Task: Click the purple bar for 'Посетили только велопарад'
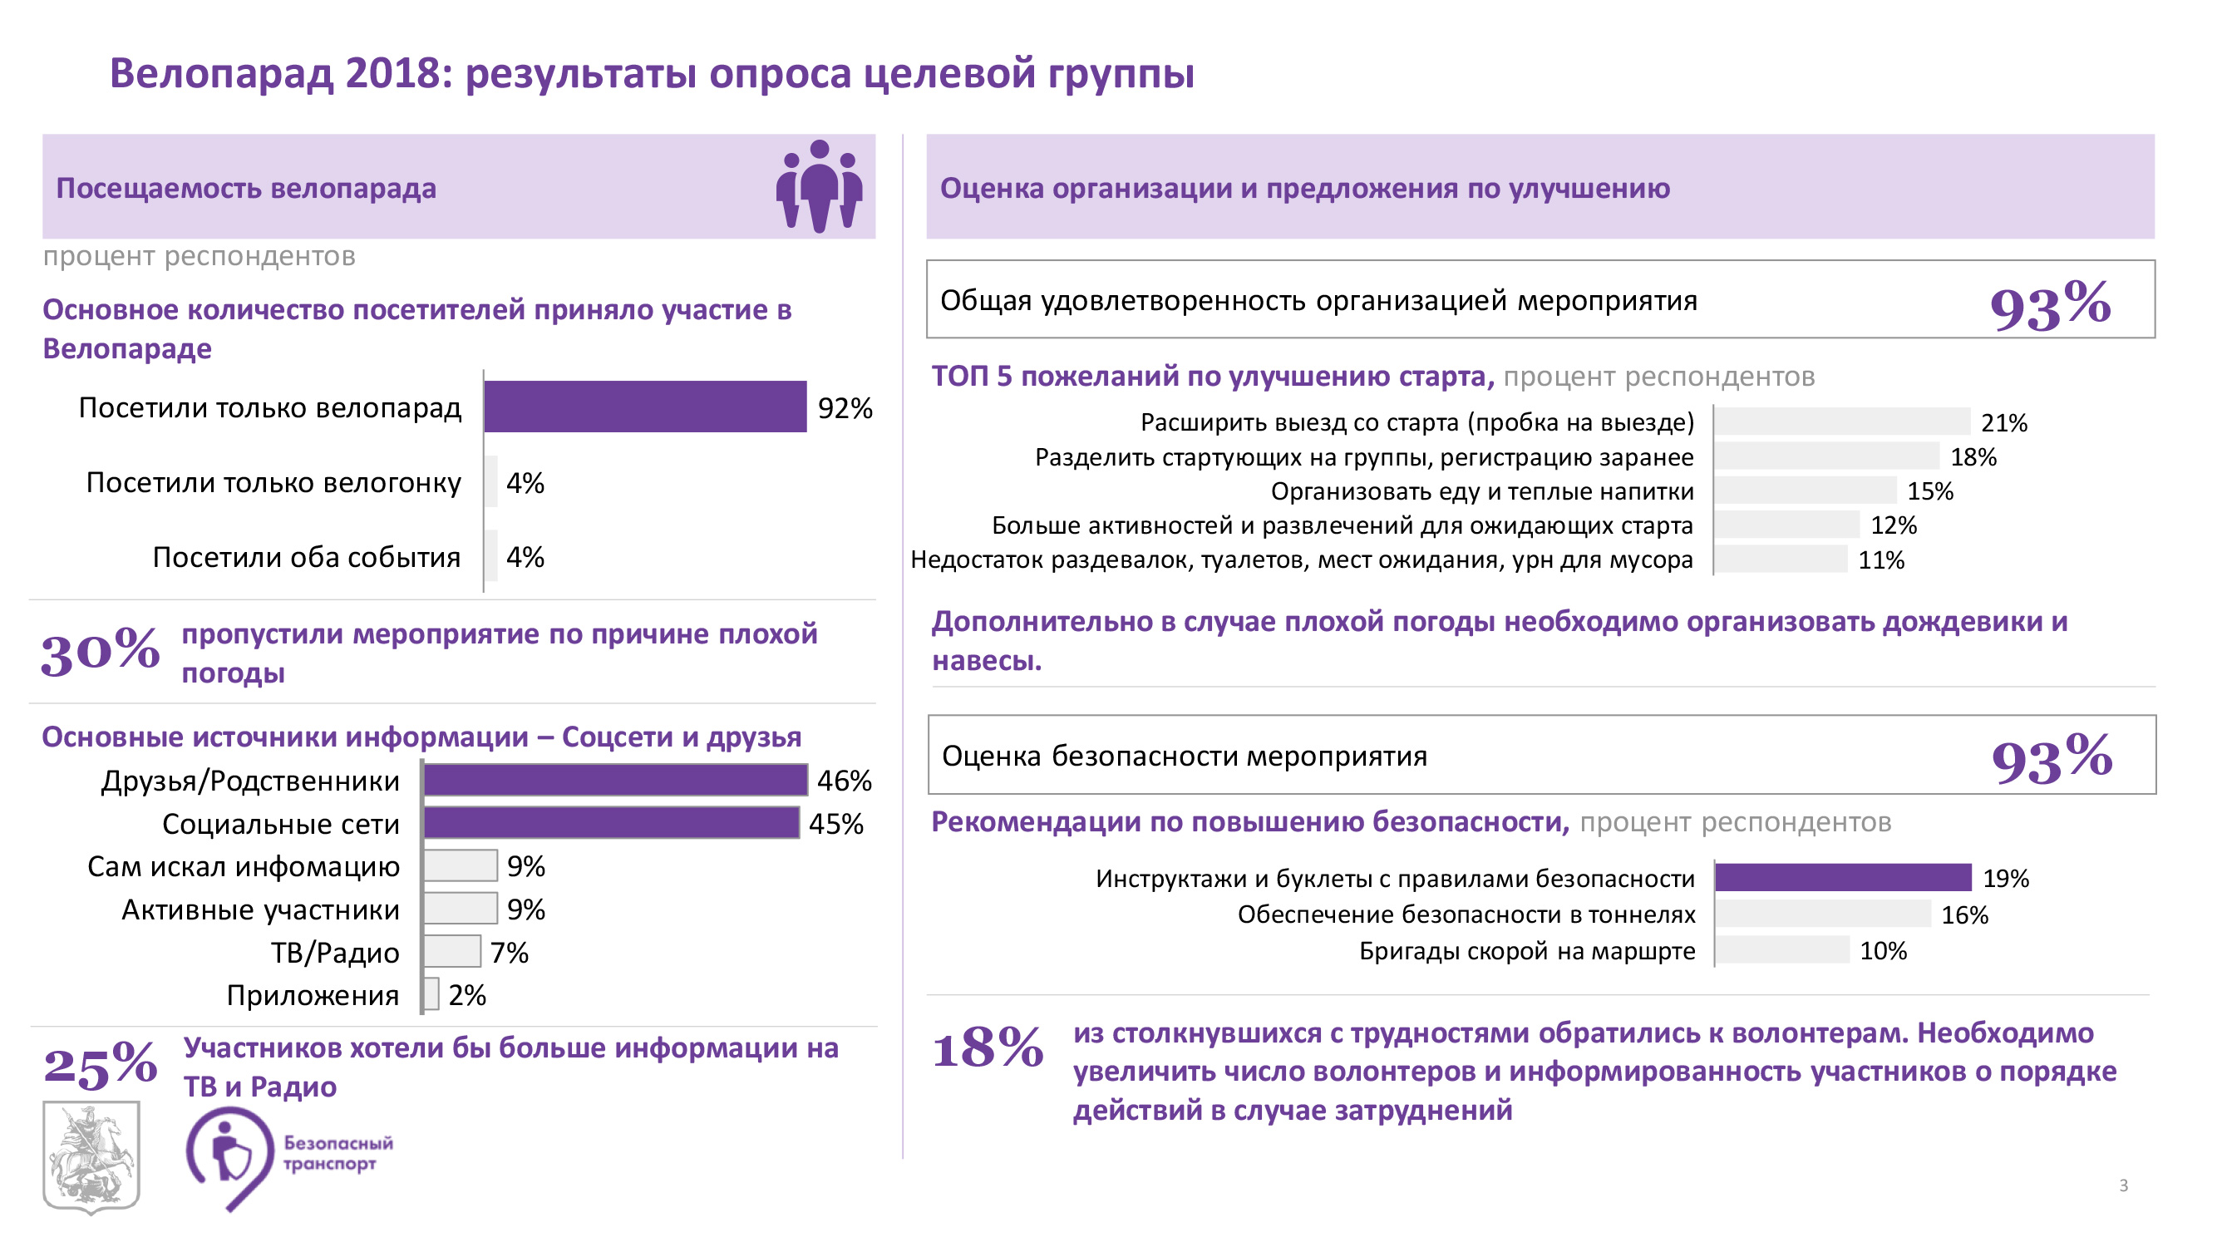(644, 407)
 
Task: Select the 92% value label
(845, 408)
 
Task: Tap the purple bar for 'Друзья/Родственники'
(615, 780)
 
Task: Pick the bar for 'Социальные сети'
(611, 823)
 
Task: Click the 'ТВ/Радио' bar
(452, 951)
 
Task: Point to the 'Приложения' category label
(313, 995)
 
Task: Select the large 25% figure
(100, 1065)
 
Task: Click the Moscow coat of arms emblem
(91, 1156)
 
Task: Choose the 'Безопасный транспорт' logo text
(338, 1153)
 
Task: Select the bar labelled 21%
(1841, 421)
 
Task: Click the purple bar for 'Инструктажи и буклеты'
(1843, 878)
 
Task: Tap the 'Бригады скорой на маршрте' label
(1527, 951)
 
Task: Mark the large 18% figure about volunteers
(988, 1048)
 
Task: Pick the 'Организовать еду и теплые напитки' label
(1482, 491)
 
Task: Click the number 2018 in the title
(392, 73)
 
